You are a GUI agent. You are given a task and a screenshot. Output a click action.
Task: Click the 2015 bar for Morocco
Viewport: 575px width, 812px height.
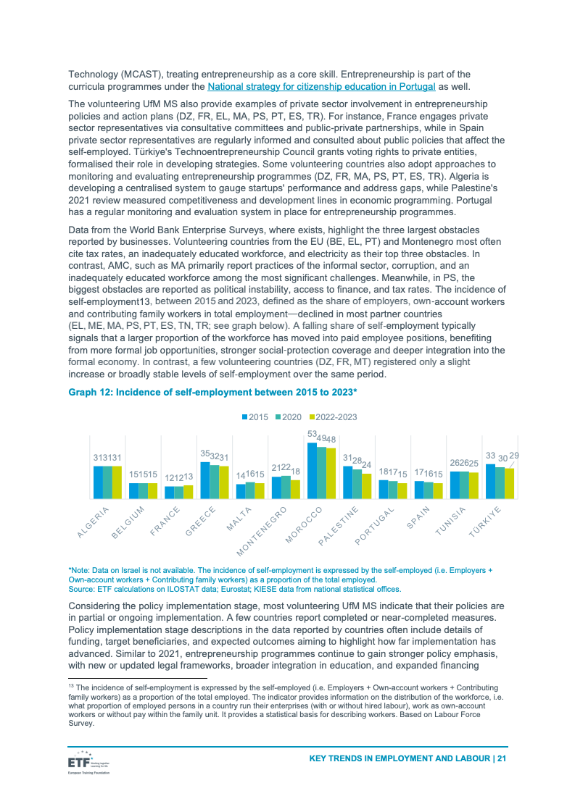pos(312,470)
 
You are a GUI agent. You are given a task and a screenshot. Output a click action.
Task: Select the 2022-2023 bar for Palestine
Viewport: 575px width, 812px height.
pos(366,486)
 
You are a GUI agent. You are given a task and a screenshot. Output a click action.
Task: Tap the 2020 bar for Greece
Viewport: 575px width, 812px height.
pos(214,482)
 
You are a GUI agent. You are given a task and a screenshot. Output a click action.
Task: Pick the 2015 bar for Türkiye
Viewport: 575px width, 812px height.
pos(490,481)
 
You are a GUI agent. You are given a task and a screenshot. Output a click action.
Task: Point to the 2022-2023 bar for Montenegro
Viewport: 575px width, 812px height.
pos(295,489)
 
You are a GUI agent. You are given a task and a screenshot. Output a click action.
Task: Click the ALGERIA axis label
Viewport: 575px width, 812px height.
pos(93,522)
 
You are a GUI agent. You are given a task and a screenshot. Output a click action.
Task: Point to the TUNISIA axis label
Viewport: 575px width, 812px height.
pos(450,522)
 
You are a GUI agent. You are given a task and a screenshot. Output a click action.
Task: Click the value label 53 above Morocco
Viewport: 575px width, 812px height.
pos(312,435)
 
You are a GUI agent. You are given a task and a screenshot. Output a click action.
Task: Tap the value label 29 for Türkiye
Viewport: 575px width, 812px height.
pos(514,455)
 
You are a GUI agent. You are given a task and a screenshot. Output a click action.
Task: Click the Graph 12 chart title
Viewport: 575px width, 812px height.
pos(212,392)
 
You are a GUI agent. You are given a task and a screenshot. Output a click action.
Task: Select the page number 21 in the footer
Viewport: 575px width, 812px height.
pos(501,758)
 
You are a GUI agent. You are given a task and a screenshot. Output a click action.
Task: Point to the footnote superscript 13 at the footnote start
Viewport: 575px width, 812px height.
pos(70,685)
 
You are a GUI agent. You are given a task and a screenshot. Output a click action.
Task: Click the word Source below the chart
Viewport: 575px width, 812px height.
pos(80,590)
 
